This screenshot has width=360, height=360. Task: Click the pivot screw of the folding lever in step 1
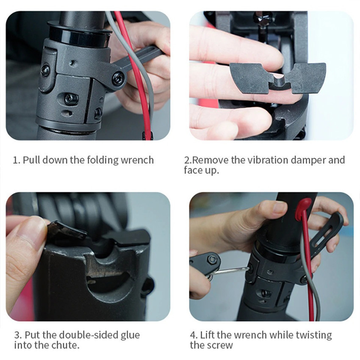[118, 78]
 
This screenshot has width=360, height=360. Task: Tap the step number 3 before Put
[16, 335]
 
